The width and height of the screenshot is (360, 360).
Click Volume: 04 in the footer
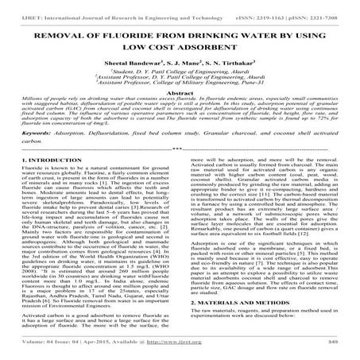(x=38, y=352)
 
